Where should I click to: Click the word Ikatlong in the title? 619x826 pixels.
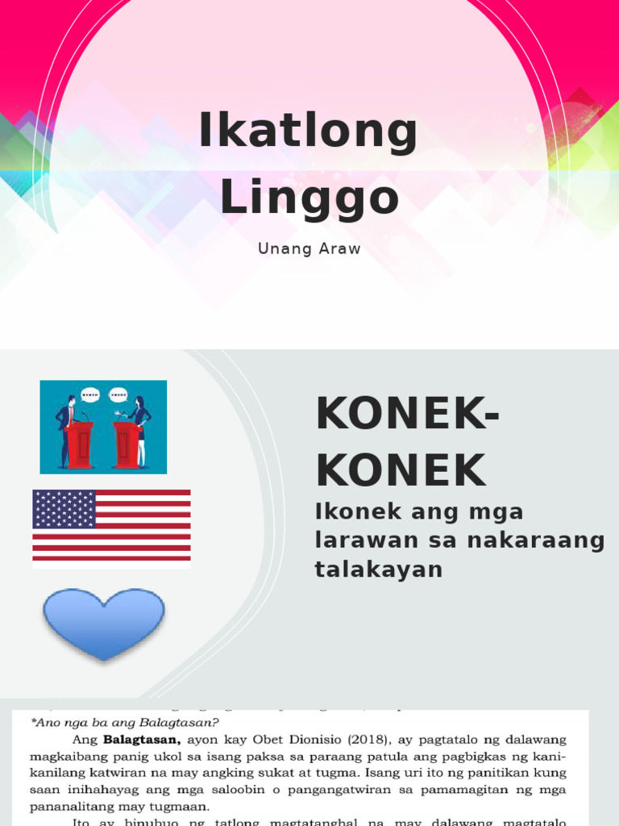309,133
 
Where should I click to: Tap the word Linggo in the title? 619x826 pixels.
309,198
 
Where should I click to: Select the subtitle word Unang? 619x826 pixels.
280,248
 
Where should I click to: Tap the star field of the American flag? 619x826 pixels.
64,509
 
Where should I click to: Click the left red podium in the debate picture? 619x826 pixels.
79,444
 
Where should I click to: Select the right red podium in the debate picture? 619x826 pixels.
126,444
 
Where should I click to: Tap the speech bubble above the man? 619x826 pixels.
90,395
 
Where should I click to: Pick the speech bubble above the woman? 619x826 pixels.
118,395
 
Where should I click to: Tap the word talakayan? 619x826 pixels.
378,569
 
